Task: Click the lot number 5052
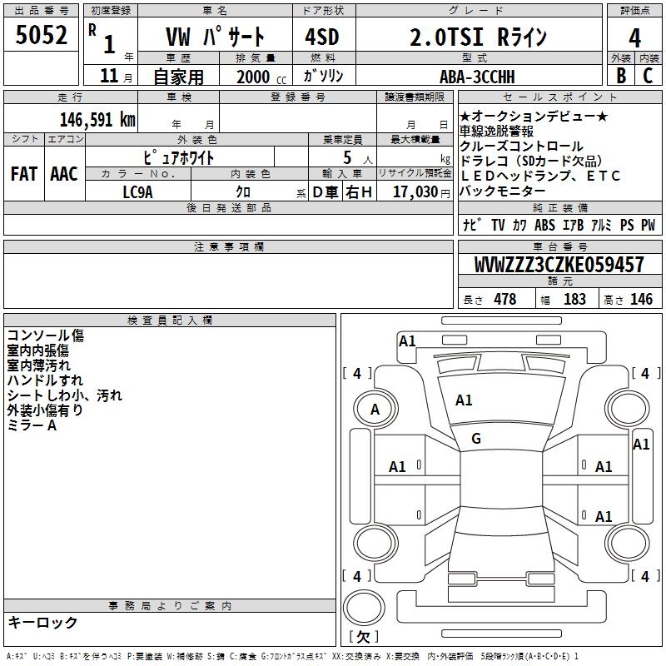click(x=42, y=36)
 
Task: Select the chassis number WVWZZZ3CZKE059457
click(x=559, y=266)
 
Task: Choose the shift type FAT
click(x=23, y=174)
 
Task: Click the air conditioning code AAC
click(x=64, y=174)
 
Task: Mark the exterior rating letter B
click(x=620, y=76)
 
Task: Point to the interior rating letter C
click(x=649, y=76)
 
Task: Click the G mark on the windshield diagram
click(x=476, y=439)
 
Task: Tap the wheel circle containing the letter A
click(x=375, y=409)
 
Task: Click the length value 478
click(x=504, y=300)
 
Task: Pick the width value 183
click(x=574, y=300)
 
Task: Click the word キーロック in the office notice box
click(x=42, y=623)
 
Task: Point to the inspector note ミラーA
click(x=32, y=425)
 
